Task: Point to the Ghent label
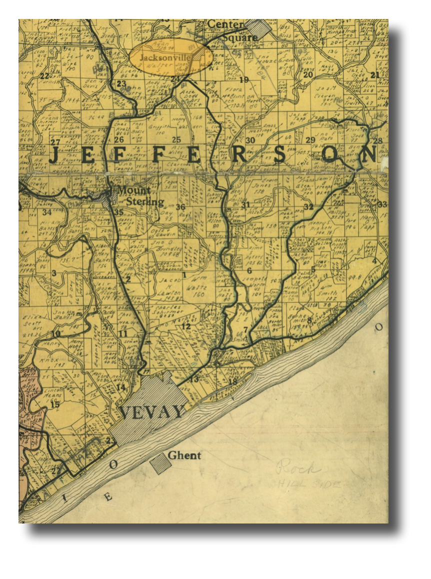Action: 184,455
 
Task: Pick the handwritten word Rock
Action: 298,469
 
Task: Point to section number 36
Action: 181,207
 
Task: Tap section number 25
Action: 176,139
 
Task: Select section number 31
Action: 245,205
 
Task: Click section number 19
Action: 244,79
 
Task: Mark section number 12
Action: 186,326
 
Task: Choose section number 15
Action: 55,404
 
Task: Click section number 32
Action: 308,206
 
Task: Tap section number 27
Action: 55,142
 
